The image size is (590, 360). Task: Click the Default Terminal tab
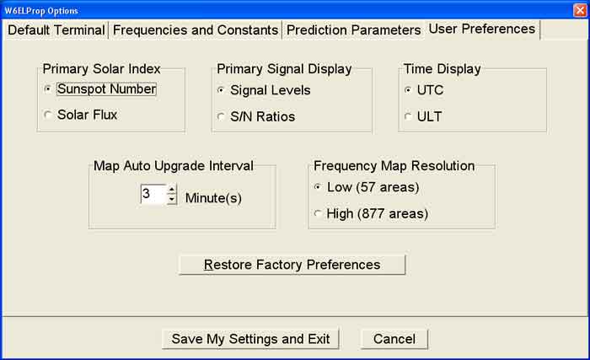(56, 30)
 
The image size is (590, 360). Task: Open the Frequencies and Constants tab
(196, 30)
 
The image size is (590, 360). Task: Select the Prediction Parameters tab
(354, 30)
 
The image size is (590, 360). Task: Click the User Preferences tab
(482, 29)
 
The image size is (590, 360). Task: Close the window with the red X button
(580, 10)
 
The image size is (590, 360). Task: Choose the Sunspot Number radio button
(48, 89)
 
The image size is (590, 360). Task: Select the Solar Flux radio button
(48, 115)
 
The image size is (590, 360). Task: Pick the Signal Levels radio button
(221, 90)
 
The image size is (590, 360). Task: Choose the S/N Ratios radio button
(221, 116)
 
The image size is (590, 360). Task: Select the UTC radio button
(408, 90)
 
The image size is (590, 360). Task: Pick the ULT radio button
(408, 116)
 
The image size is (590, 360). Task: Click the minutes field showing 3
(153, 194)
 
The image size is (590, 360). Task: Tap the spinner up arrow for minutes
(172, 189)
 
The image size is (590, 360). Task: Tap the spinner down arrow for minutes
(172, 199)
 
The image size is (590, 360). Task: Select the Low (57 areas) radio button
(318, 187)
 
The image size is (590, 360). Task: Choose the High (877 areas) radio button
(318, 213)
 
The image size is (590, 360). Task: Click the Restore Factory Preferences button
(292, 265)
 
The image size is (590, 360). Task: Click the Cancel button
(394, 339)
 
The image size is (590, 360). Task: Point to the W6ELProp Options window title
(41, 11)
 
